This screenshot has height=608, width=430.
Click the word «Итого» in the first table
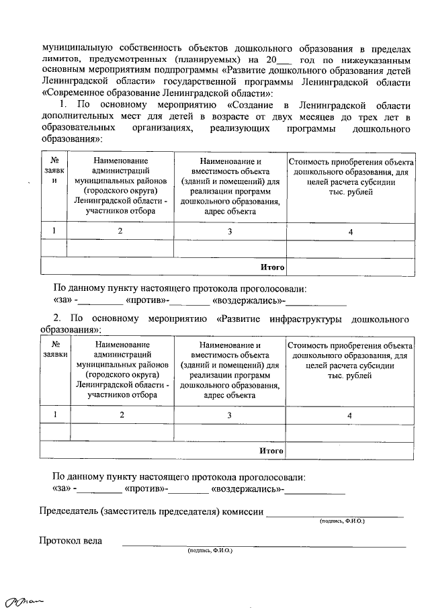point(272,267)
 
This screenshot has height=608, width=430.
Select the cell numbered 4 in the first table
point(350,232)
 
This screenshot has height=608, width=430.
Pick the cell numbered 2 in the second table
point(121,415)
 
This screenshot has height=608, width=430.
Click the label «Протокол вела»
point(71,540)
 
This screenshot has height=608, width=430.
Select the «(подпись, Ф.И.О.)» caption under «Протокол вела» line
point(210,550)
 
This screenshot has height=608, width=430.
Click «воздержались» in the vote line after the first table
point(247,300)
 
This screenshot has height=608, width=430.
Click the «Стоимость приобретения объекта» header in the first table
point(350,162)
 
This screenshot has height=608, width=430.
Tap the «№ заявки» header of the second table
point(54,349)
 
